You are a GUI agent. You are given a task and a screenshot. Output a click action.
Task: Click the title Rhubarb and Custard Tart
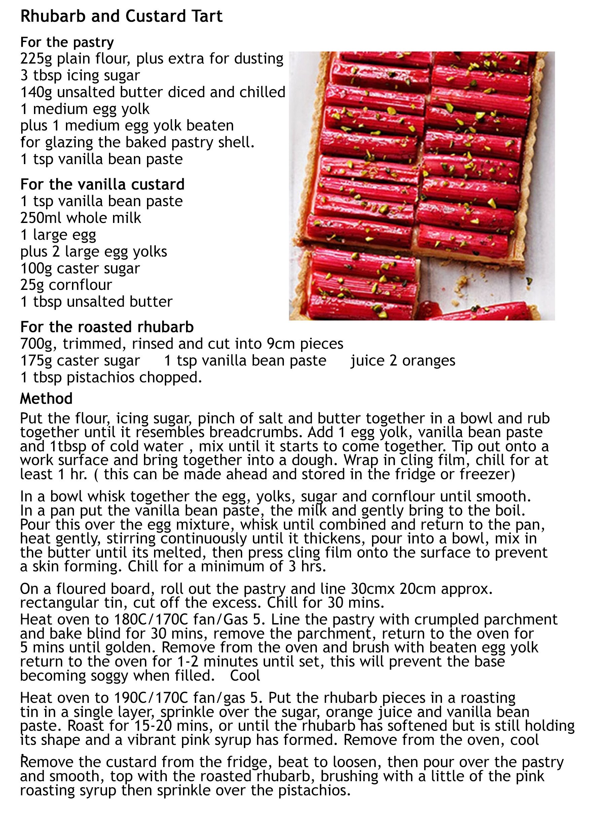coord(121,17)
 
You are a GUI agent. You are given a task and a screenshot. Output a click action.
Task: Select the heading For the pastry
coord(67,42)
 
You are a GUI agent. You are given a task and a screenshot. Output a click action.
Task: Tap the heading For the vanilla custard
coord(103,184)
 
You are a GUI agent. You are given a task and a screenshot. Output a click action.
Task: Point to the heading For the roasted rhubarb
coord(107,327)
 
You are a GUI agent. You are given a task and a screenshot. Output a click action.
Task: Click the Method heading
coord(46,399)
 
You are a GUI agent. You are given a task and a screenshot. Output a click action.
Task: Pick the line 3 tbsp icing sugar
coord(80,76)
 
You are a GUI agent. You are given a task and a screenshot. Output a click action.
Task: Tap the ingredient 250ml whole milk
coord(81,218)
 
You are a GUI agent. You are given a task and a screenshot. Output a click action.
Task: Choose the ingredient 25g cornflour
coord(66,285)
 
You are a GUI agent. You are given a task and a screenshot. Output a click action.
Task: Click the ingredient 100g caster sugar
coord(80,268)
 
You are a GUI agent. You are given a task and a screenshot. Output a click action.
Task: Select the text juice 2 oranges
coord(403,361)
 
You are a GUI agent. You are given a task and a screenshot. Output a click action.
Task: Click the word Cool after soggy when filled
coord(245,675)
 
